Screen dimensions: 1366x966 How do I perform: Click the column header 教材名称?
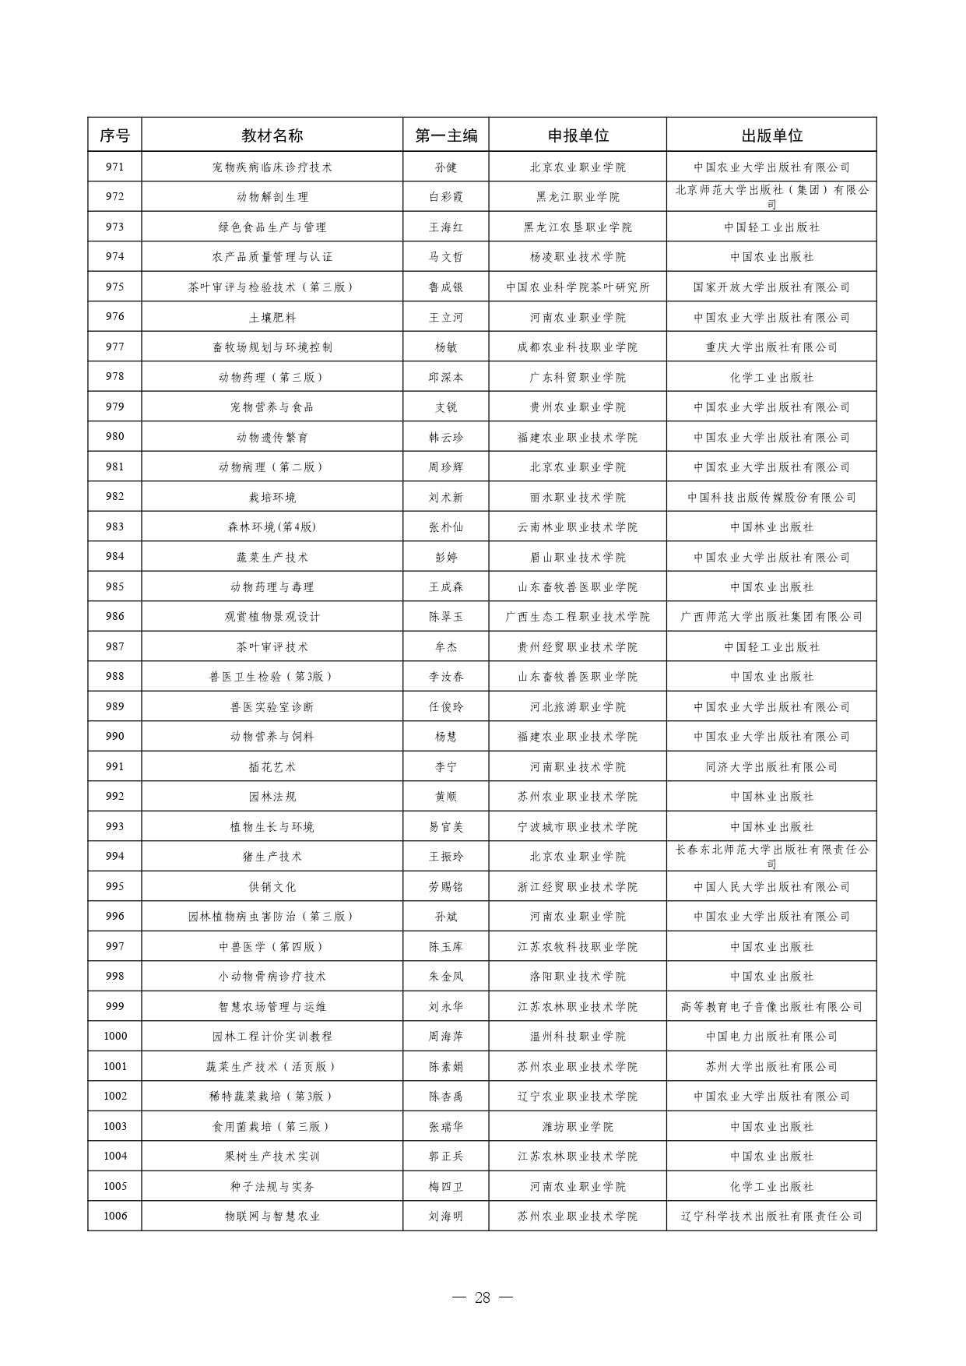click(272, 136)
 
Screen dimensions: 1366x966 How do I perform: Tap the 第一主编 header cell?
click(446, 136)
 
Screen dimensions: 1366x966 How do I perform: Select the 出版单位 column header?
click(771, 136)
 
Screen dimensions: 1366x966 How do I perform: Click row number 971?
click(114, 167)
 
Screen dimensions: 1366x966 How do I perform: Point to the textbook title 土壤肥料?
click(272, 317)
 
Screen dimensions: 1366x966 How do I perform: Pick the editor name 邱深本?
click(446, 377)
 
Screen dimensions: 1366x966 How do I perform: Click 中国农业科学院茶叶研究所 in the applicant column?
click(578, 287)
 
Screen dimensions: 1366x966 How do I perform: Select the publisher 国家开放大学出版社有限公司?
click(771, 287)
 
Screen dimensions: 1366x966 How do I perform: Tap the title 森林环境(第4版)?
click(272, 526)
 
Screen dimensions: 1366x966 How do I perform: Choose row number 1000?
click(114, 1036)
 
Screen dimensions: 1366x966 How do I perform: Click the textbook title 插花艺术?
click(272, 766)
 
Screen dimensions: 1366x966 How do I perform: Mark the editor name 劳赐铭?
click(446, 886)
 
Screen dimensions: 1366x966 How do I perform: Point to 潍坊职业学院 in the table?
click(578, 1126)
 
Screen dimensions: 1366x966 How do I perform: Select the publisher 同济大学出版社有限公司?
click(771, 766)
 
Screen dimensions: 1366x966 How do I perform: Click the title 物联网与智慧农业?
click(272, 1216)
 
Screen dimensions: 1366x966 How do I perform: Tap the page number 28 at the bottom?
click(483, 1297)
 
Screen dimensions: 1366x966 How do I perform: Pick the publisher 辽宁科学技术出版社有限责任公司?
click(771, 1216)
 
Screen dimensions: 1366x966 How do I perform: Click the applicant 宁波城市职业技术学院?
click(578, 826)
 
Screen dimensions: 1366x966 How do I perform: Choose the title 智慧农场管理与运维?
click(272, 1006)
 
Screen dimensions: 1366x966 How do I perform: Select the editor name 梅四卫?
click(446, 1186)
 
